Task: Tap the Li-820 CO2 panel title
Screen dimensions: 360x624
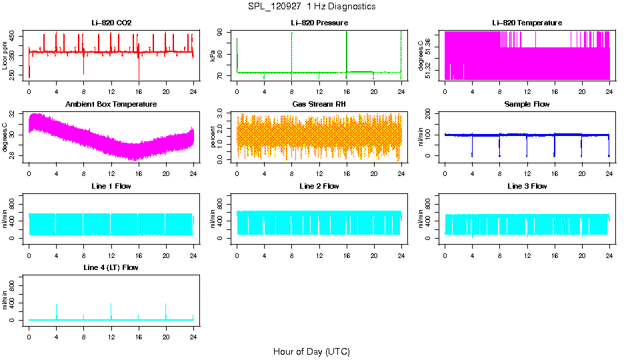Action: pyautogui.click(x=111, y=23)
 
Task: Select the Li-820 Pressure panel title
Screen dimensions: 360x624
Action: pyautogui.click(x=319, y=23)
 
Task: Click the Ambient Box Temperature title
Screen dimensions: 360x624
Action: pyautogui.click(x=111, y=104)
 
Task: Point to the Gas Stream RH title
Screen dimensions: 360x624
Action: pyautogui.click(x=319, y=104)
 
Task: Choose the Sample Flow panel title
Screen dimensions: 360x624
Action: pyautogui.click(x=527, y=104)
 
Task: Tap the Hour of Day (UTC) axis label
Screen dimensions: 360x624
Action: pyautogui.click(x=311, y=351)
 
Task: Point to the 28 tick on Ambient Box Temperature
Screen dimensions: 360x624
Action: pyautogui.click(x=14, y=156)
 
